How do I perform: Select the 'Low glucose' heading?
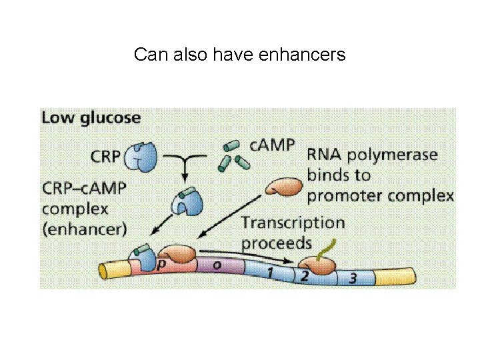[x=91, y=118]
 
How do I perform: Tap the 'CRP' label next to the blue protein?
[x=107, y=157]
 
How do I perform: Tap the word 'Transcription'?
[x=293, y=223]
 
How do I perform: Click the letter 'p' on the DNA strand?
[x=162, y=265]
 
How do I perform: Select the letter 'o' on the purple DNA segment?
[x=217, y=265]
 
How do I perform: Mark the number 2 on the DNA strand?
[x=304, y=275]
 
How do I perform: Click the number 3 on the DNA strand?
[x=351, y=278]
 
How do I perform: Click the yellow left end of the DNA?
[x=116, y=269]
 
